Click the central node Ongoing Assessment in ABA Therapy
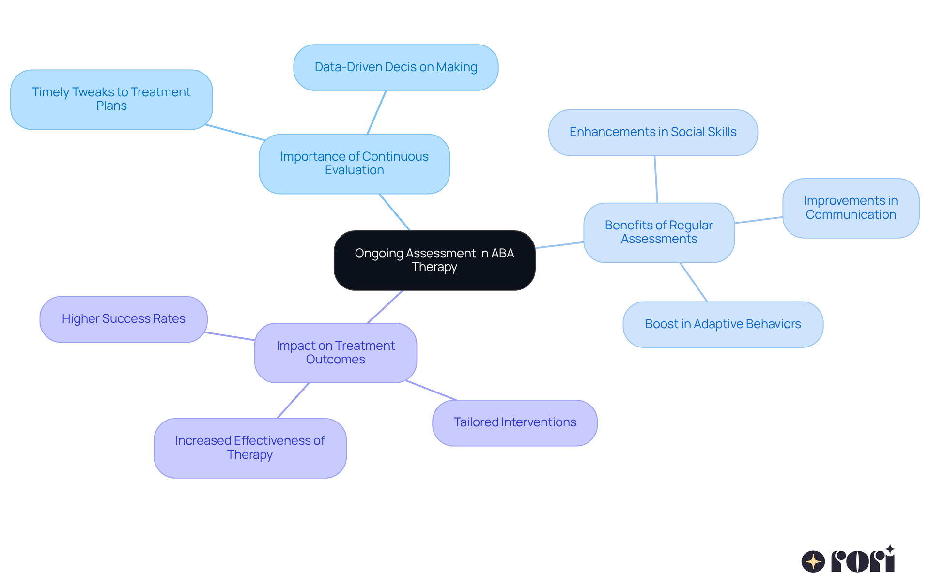pos(434,260)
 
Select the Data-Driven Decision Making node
pos(396,67)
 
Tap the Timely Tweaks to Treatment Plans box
pos(111,99)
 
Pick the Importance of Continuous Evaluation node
pos(354,164)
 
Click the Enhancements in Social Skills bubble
pos(652,132)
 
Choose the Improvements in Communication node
pos(851,208)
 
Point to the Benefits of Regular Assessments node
pos(659,232)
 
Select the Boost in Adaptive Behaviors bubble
pos(723,324)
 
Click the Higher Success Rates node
pos(124,319)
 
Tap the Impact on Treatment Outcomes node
pos(335,353)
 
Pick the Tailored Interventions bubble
pos(514,422)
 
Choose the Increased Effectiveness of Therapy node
pos(250,448)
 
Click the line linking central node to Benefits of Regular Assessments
pos(559,245)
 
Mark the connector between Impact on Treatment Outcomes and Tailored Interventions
pos(431,391)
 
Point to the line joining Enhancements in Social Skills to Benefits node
pos(656,179)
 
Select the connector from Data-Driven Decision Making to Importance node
pos(377,112)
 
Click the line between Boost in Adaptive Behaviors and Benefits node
pos(694,282)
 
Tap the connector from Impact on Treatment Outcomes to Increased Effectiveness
pos(293,401)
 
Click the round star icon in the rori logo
pos(813,561)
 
